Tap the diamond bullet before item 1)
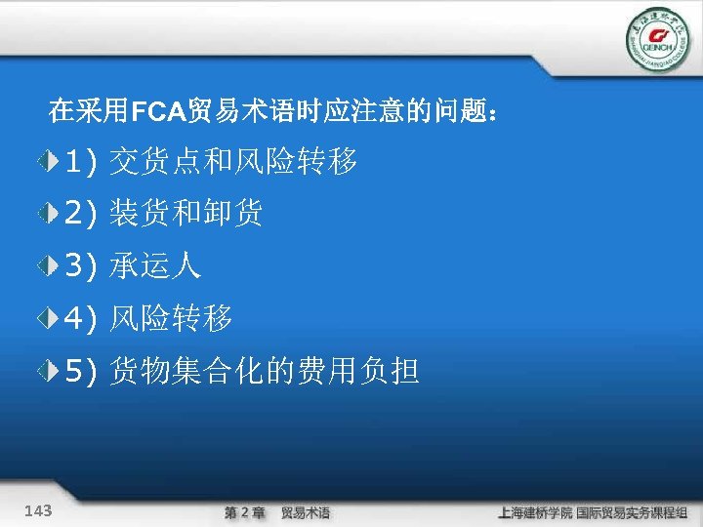[x=49, y=160]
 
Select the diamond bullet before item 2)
[x=49, y=212]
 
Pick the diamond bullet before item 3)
[x=49, y=264]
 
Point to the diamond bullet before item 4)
[x=49, y=317]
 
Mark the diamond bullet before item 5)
[x=49, y=370]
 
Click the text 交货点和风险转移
[x=233, y=160]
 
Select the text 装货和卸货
[x=186, y=212]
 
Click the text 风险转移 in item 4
[x=171, y=317]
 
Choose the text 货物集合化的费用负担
[x=265, y=370]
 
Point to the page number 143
[x=40, y=510]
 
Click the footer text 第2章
[x=245, y=512]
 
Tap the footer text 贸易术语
[x=306, y=512]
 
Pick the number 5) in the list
[x=80, y=370]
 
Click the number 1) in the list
[x=80, y=160]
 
